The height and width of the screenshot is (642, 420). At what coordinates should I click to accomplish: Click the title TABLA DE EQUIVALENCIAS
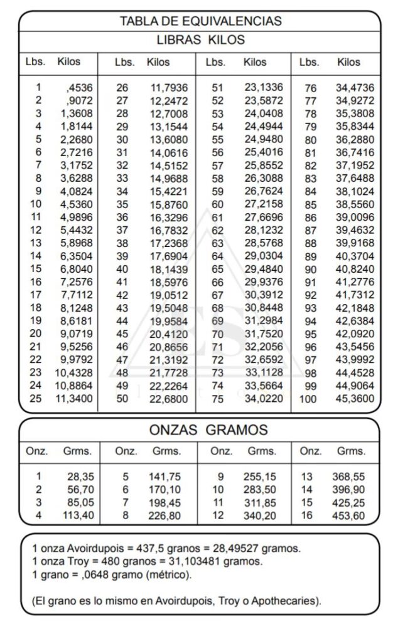[200, 21]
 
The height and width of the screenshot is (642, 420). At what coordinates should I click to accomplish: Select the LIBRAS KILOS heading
[200, 40]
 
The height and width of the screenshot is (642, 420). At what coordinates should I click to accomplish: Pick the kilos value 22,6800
[168, 398]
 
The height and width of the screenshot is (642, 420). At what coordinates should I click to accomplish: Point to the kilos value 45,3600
[355, 399]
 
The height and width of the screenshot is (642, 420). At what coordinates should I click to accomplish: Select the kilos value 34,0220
[264, 398]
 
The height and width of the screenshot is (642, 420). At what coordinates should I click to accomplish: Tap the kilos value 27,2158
[264, 204]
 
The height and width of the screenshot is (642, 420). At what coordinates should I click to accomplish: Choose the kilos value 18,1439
[168, 269]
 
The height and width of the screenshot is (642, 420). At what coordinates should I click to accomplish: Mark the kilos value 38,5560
[355, 204]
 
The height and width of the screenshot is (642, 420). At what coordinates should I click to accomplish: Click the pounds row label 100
[308, 399]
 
